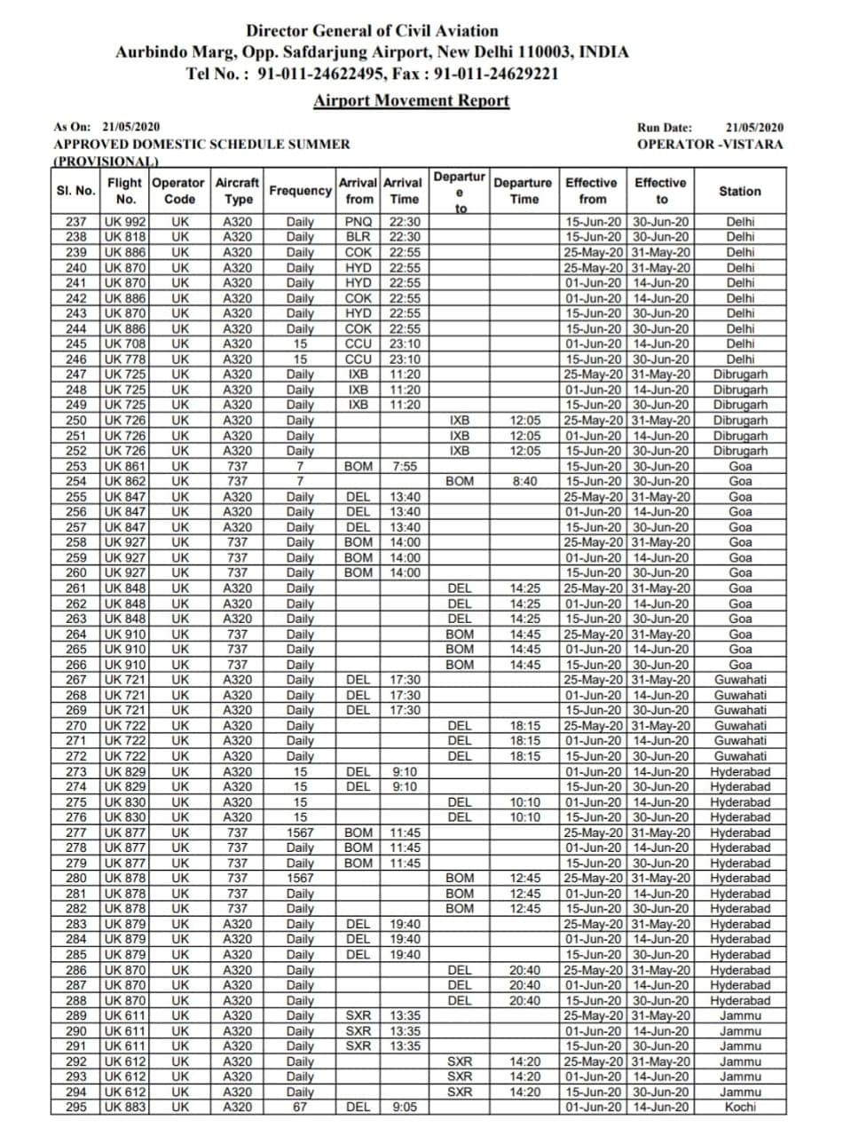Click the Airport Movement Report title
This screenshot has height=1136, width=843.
(x=412, y=100)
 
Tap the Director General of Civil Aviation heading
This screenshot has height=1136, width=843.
(x=372, y=31)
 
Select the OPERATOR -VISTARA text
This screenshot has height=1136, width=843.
(x=710, y=144)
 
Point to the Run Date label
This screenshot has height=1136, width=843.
(x=665, y=128)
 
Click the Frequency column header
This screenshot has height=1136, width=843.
(x=301, y=191)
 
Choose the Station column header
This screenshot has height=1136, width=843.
(x=740, y=191)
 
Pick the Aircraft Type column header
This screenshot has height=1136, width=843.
(x=237, y=191)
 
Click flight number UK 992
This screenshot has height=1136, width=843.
(x=125, y=222)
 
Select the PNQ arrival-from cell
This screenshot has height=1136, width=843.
(x=358, y=222)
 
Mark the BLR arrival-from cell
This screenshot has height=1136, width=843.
(x=358, y=237)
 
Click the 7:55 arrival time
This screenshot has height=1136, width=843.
(x=404, y=466)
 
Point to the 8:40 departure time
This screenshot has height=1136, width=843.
(x=524, y=481)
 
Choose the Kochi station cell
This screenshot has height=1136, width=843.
(x=740, y=1107)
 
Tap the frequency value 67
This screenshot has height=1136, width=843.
(x=301, y=1107)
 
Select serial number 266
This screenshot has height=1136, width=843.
(x=76, y=665)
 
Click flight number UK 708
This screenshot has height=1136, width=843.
(x=125, y=343)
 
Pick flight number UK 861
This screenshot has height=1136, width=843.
(x=125, y=466)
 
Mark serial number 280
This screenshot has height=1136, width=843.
(x=76, y=878)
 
